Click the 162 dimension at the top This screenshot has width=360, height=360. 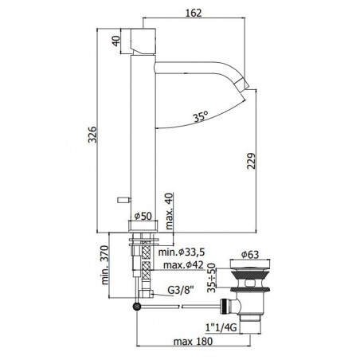pyautogui.click(x=194, y=13)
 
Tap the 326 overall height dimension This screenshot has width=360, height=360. pyautogui.click(x=92, y=135)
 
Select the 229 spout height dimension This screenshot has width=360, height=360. pyautogui.click(x=251, y=160)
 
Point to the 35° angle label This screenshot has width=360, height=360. pyautogui.click(x=201, y=116)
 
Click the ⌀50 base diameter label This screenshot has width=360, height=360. pyautogui.click(x=143, y=216)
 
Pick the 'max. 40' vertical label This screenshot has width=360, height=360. pyautogui.click(x=169, y=211)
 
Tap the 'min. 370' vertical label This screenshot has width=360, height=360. pyautogui.click(x=105, y=265)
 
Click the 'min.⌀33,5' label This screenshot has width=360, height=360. pyautogui.click(x=182, y=252)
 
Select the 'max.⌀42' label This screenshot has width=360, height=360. pyautogui.click(x=183, y=264)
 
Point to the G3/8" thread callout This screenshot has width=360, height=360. pyautogui.click(x=181, y=290)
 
